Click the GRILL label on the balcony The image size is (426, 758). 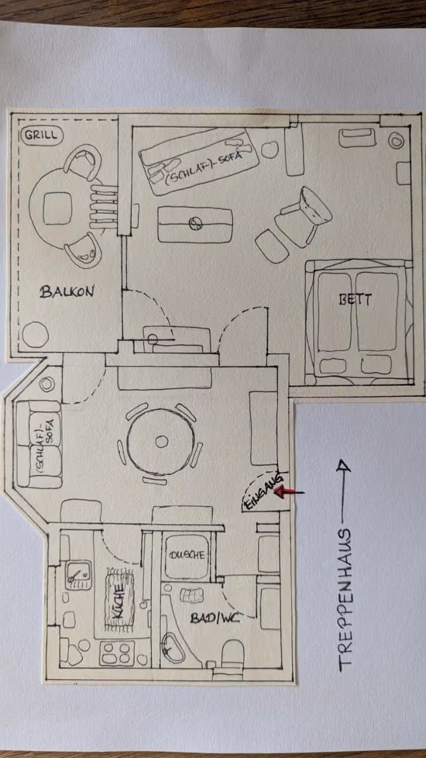pos(41,136)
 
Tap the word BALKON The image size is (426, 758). pos(67,292)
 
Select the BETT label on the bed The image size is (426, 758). pos(355,299)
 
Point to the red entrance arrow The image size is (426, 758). pos(289,491)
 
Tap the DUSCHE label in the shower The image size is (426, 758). pos(187,555)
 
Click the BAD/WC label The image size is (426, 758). pos(215,618)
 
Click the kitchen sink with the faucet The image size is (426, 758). pos(78,575)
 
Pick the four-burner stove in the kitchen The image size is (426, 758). pos(117,654)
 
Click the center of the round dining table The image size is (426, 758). pos(161,441)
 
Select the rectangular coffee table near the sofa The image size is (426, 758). pos(195,224)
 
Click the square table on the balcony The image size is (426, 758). pos(57,208)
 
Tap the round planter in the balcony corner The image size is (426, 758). pos(35,335)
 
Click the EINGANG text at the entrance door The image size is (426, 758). pos(264,493)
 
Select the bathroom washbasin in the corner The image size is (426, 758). pos(172,648)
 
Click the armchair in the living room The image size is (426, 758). pos(304,217)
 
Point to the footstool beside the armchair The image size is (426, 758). pos(272,246)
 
